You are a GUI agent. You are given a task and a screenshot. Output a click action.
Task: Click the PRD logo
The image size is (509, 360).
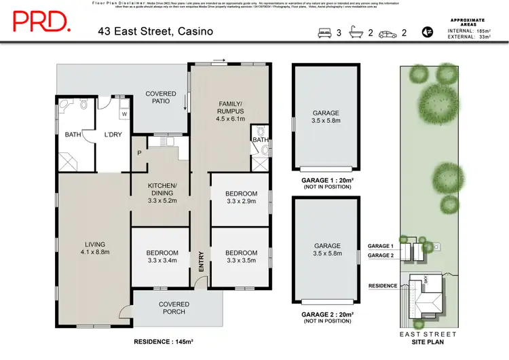coord(41,22)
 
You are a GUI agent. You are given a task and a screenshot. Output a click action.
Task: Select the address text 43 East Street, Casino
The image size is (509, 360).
coord(155,31)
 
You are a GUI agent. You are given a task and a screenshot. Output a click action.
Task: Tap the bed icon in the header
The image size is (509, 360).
coord(324,33)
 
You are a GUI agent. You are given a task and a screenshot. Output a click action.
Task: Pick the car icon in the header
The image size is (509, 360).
coord(389,33)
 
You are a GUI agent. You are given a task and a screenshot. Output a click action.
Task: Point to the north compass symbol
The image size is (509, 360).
coord(428,31)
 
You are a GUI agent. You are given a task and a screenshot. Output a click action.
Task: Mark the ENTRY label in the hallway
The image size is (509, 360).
coord(201,262)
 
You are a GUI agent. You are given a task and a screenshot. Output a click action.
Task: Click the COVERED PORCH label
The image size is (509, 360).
coord(174,308)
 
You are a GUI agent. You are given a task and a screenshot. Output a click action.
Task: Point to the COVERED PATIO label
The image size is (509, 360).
coord(160,98)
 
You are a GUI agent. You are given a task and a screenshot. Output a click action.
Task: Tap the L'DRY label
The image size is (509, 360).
coord(113,134)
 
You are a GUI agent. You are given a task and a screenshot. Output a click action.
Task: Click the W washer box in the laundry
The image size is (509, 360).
coord(125,114)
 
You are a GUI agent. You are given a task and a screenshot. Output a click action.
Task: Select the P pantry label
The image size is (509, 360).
coord(139,152)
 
